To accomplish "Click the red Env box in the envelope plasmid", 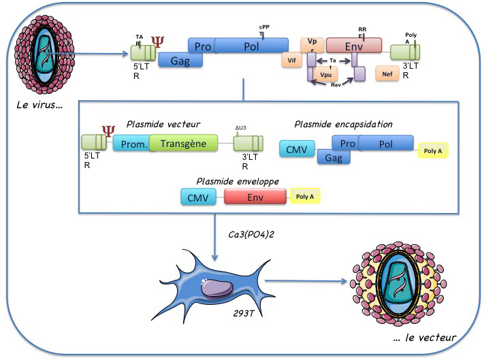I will [x=255, y=197].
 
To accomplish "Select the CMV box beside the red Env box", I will [x=198, y=197].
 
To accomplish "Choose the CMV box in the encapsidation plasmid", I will [x=297, y=149].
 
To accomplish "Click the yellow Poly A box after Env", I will [x=304, y=197].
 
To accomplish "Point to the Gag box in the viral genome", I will [x=180, y=60].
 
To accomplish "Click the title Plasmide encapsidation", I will [x=343, y=124].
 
